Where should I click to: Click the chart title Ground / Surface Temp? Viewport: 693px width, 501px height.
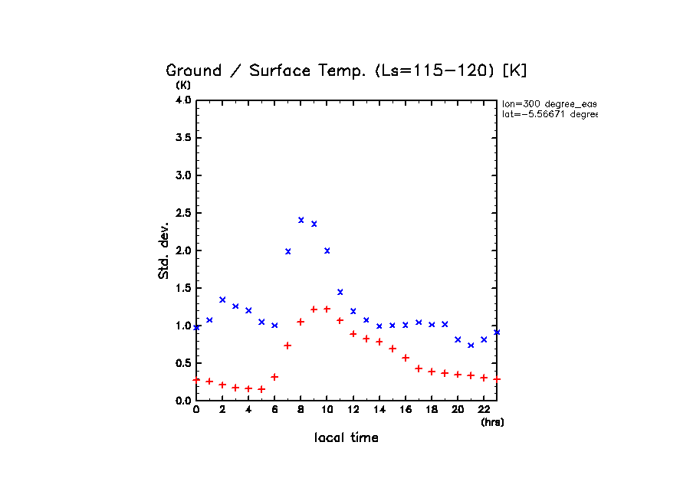[x=346, y=70]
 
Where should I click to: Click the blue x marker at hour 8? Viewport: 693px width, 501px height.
[x=301, y=220]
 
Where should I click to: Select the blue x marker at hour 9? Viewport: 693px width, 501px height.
[x=314, y=224]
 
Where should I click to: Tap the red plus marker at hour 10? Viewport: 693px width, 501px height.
[x=327, y=309]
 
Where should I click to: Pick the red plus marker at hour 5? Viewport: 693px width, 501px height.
[x=261, y=389]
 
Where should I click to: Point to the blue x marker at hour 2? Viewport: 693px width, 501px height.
[x=222, y=300]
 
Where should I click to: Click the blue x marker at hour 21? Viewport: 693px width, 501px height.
[x=471, y=345]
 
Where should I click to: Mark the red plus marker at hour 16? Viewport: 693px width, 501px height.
[x=406, y=358]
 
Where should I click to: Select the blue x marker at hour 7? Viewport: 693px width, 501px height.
[x=288, y=251]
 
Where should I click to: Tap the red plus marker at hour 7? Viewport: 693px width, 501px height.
[x=287, y=345]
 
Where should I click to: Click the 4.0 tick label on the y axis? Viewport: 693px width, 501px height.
[x=183, y=100]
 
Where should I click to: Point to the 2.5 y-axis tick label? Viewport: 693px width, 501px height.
[x=183, y=213]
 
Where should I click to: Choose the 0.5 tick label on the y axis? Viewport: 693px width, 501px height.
[x=183, y=363]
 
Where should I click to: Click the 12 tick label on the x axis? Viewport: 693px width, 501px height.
[x=353, y=410]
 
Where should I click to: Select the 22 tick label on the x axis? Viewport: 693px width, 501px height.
[x=484, y=410]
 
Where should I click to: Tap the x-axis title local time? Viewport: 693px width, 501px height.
[x=346, y=438]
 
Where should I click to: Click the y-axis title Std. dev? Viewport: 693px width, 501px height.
[x=164, y=250]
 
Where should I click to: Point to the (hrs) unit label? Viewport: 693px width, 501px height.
[x=492, y=422]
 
